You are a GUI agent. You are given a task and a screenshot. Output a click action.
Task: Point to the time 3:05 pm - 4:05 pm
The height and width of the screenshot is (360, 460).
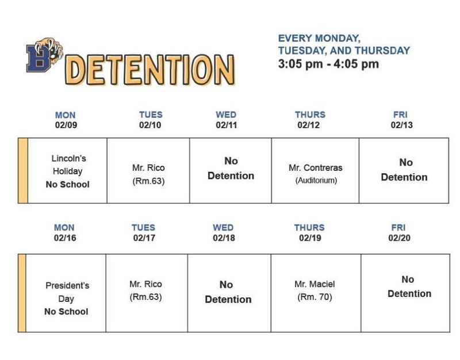328,64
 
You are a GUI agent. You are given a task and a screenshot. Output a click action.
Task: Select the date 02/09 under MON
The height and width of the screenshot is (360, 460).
65,125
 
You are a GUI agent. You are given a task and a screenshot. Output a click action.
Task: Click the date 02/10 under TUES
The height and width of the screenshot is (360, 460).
151,125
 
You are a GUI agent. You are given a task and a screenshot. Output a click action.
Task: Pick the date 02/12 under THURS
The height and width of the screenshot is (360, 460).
309,125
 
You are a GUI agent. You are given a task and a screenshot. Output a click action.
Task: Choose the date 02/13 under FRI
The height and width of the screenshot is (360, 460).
402,125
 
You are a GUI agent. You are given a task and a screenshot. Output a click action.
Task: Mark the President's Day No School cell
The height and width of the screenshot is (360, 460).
67,298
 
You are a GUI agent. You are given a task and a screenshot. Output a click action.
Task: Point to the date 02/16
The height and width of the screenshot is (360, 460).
64,238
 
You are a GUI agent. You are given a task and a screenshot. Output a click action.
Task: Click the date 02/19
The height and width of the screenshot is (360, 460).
310,238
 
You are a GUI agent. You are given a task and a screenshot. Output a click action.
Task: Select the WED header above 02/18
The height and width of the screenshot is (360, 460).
224,228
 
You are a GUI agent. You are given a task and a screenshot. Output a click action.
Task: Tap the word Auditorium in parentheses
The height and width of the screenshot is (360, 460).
316,181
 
